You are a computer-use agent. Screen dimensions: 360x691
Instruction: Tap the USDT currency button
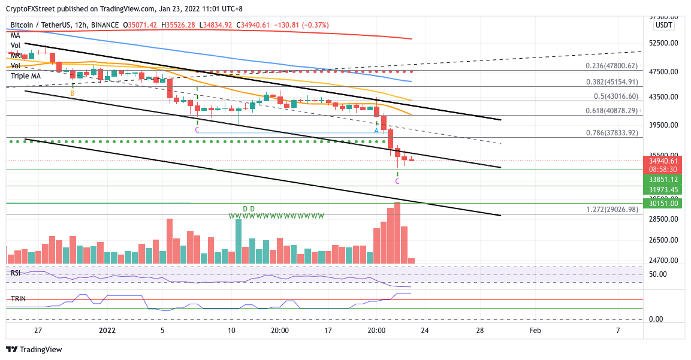[x=663, y=25]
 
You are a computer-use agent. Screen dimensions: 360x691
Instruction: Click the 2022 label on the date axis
[x=107, y=330]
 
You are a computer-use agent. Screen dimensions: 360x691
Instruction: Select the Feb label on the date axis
[x=535, y=330]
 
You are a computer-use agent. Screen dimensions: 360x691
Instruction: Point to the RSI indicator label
[x=16, y=273]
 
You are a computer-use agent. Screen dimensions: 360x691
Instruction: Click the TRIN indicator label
[x=18, y=298]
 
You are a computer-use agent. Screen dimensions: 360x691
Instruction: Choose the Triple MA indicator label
[x=25, y=76]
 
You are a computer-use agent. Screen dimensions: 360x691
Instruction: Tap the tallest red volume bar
[x=397, y=232]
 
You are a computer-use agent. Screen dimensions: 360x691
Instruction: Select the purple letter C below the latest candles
[x=397, y=181]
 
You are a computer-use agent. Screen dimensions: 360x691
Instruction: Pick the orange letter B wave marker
[x=73, y=93]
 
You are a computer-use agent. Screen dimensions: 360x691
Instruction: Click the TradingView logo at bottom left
[x=37, y=350]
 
